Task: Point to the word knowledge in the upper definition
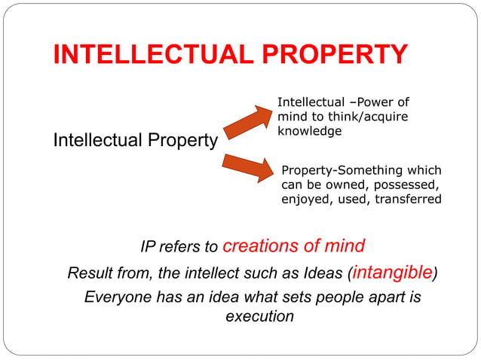coord(310,131)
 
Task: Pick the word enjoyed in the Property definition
coord(305,200)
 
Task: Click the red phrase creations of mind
coord(295,246)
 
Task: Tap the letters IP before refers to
coord(149,247)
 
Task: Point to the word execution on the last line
coord(260,316)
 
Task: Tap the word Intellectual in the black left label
coord(95,141)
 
